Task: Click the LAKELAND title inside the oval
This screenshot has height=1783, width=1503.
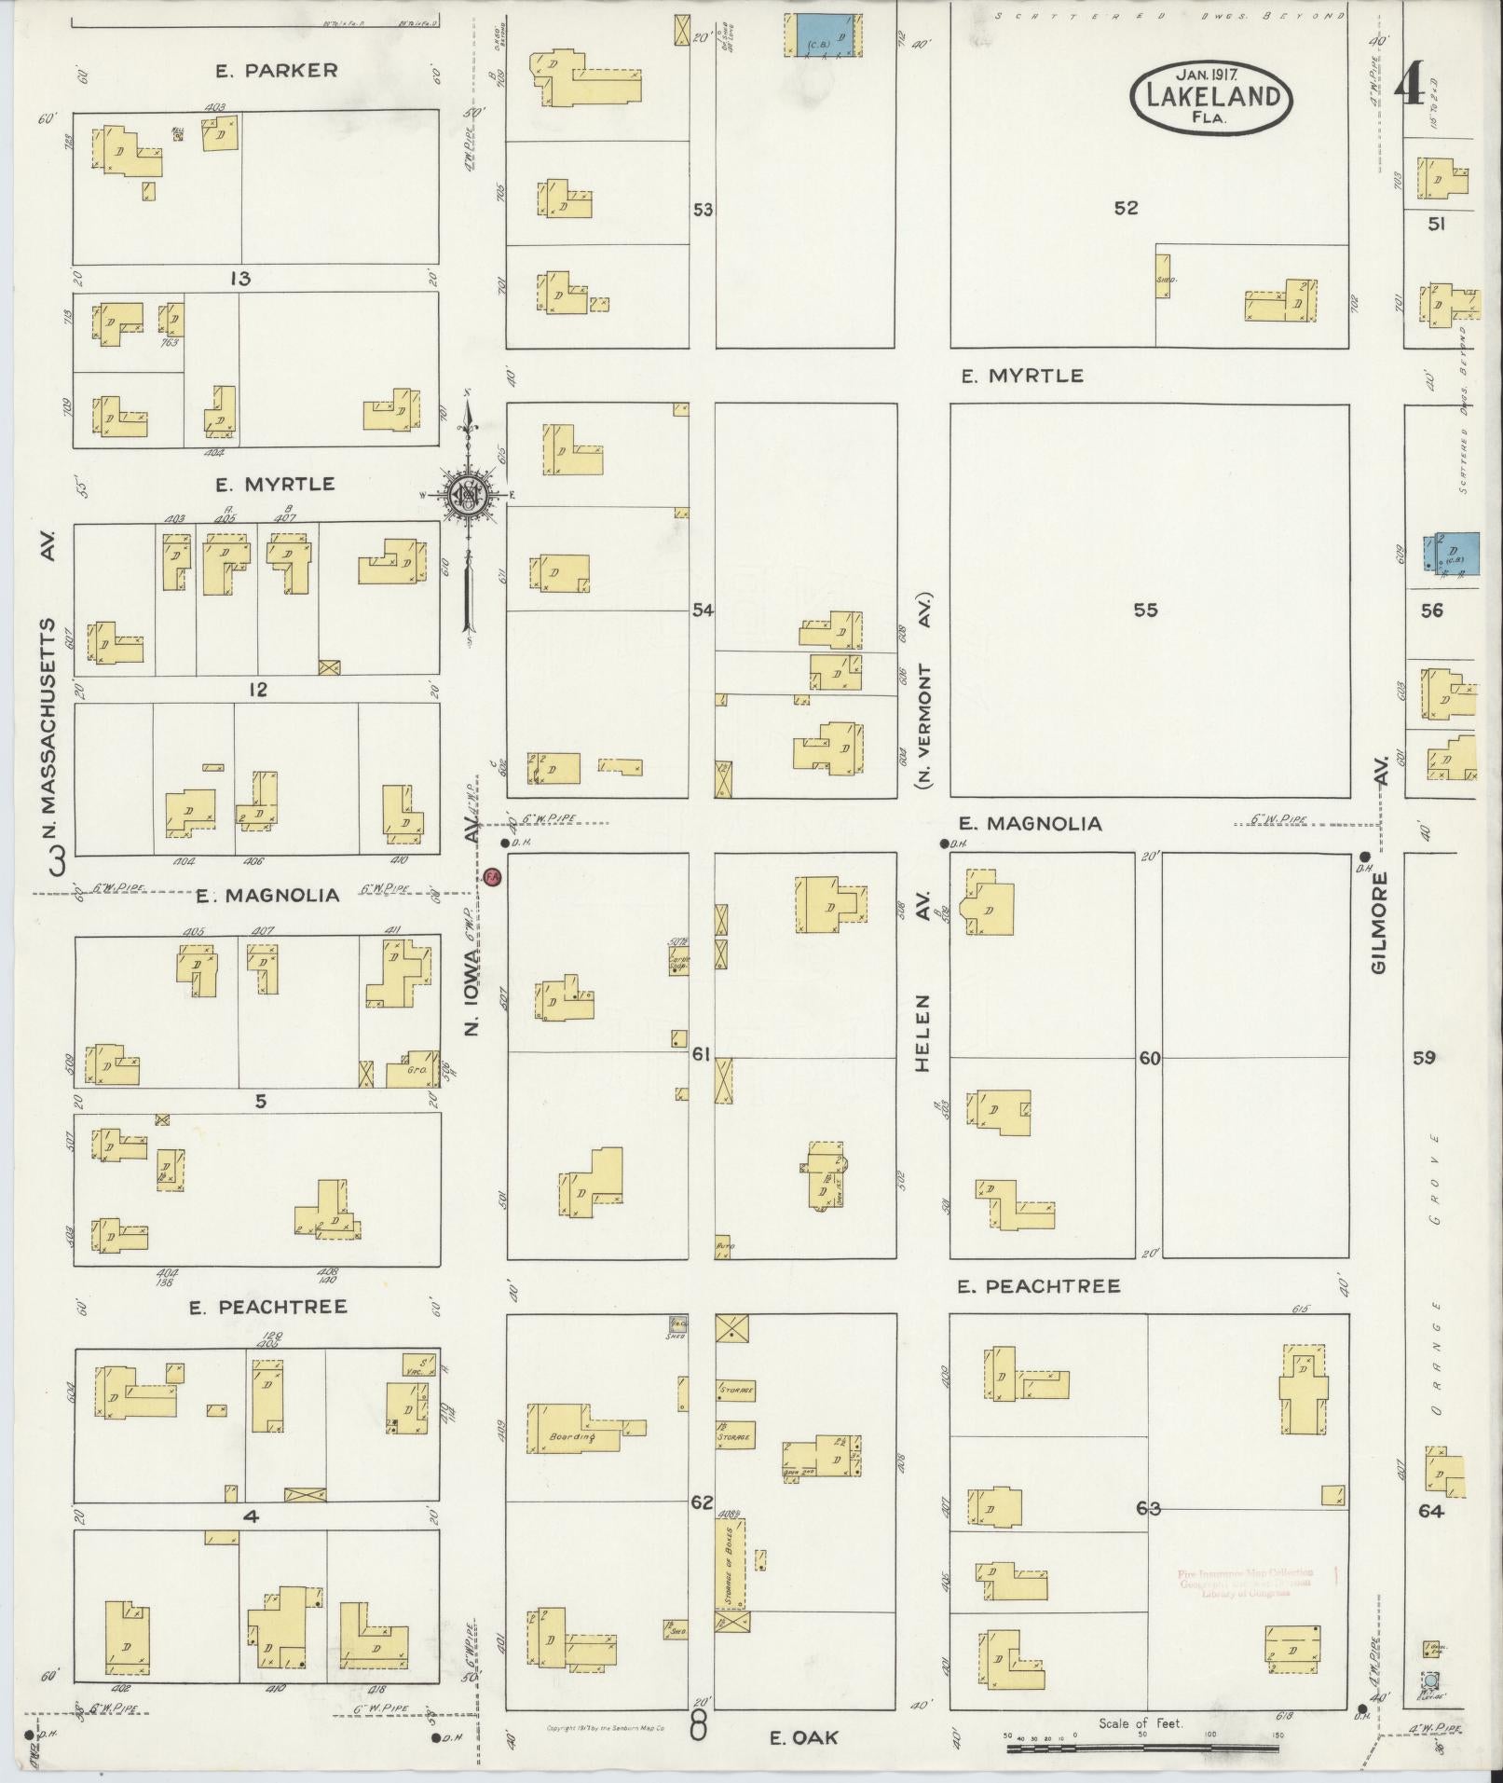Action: [1211, 98]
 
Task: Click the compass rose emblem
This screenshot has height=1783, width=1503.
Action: [463, 496]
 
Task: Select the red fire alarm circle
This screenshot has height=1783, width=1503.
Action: [492, 877]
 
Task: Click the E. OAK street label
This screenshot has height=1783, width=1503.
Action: [803, 1737]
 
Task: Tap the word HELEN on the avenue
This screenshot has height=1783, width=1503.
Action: [922, 1033]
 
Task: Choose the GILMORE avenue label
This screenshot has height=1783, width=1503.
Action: [1380, 923]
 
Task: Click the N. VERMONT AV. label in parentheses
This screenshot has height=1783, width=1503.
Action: [926, 690]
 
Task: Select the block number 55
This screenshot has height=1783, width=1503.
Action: [1145, 610]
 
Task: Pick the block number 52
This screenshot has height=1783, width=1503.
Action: [1126, 208]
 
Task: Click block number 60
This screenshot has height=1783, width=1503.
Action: [1150, 1059]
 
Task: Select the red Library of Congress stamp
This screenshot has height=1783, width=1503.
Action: [1244, 1583]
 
